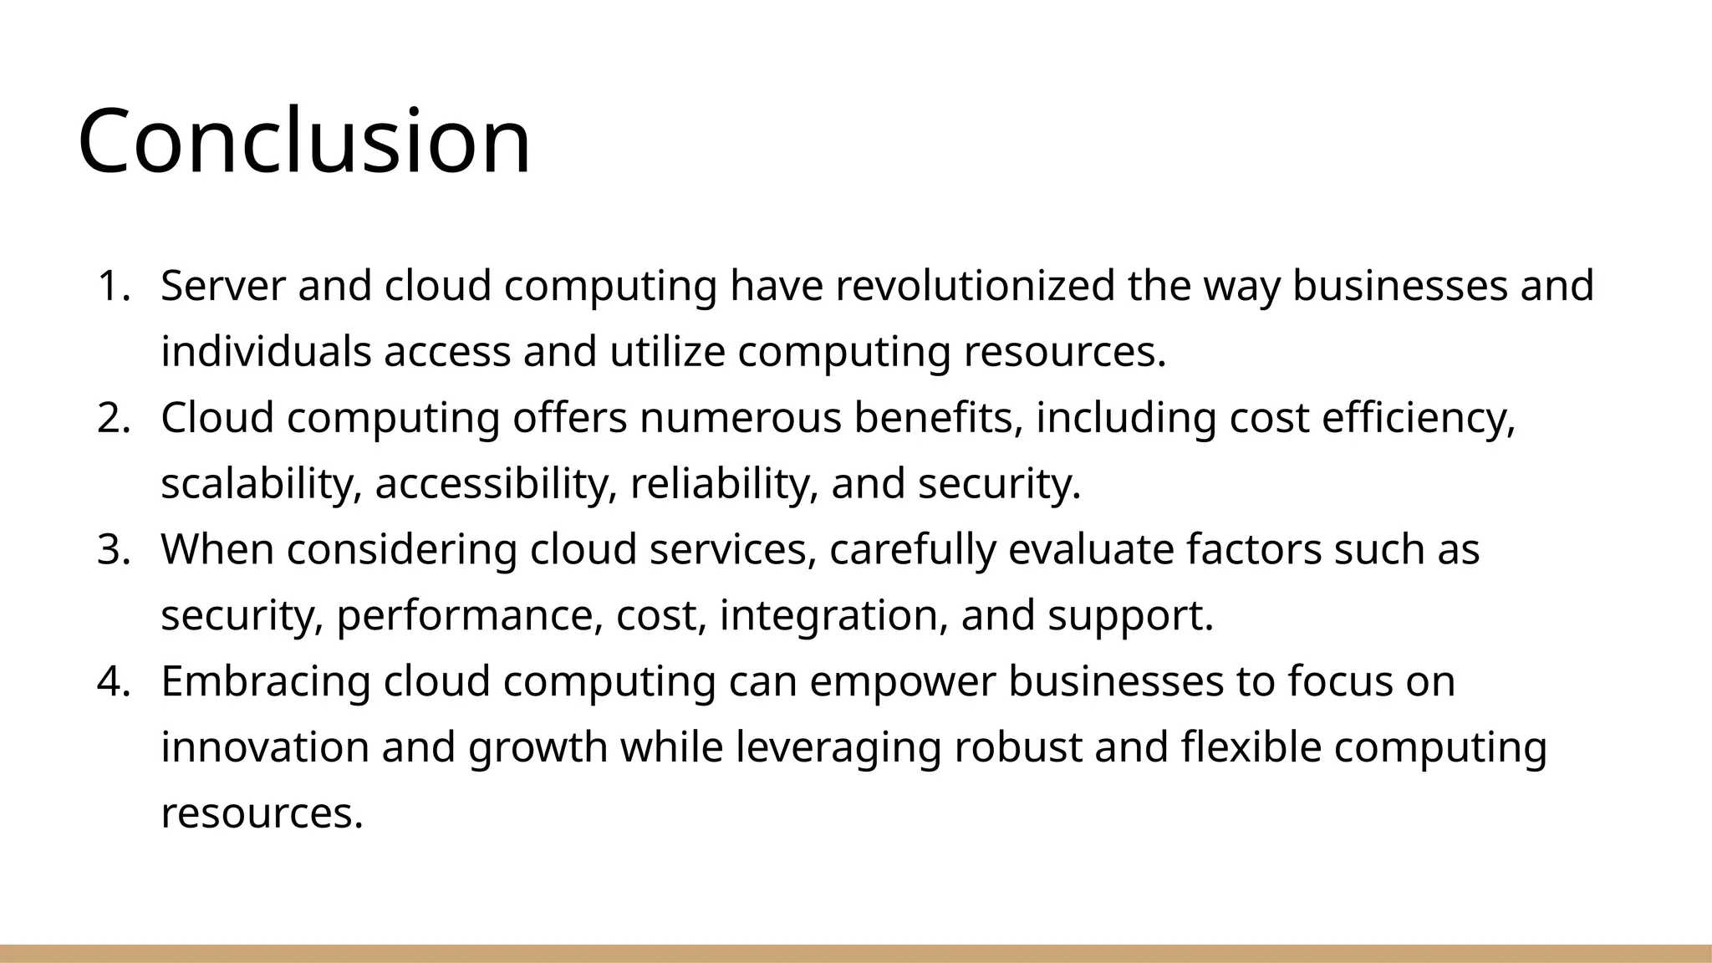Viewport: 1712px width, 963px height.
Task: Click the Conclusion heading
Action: [x=304, y=140]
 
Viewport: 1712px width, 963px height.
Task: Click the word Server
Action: [x=223, y=286]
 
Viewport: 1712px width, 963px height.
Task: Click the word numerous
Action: [x=740, y=418]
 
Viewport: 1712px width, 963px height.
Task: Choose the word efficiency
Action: [x=1418, y=418]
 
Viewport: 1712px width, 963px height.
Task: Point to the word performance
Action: [x=469, y=616]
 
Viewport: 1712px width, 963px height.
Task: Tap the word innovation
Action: [x=264, y=747]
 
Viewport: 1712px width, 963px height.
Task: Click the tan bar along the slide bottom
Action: [x=856, y=954]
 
